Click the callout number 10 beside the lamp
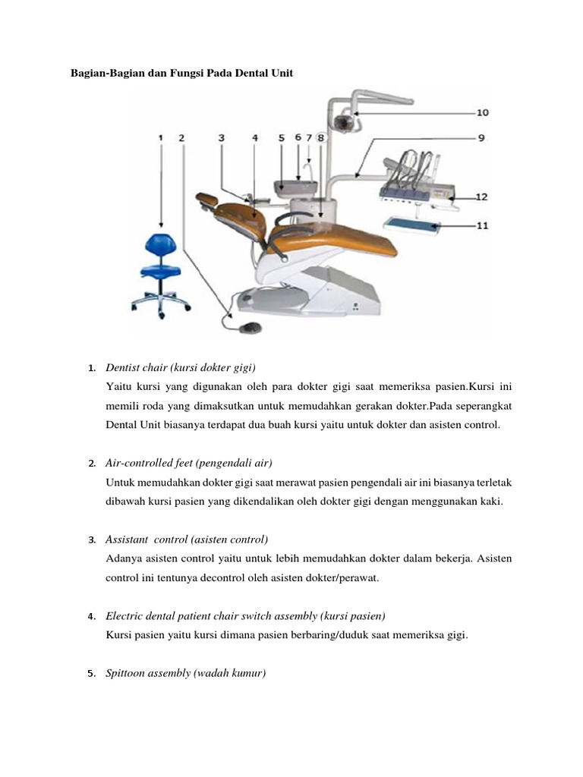pyautogui.click(x=482, y=112)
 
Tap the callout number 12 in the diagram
pyautogui.click(x=481, y=197)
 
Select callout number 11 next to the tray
pyautogui.click(x=481, y=225)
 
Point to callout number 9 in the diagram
pyautogui.click(x=482, y=137)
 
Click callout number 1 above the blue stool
pyautogui.click(x=161, y=137)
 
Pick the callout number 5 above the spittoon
pyautogui.click(x=281, y=137)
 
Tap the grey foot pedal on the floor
pyautogui.click(x=248, y=326)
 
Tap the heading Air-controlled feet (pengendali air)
pyautogui.click(x=189, y=463)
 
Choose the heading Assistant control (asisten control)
pyautogui.click(x=187, y=539)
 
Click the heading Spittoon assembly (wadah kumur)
pyautogui.click(x=186, y=673)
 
